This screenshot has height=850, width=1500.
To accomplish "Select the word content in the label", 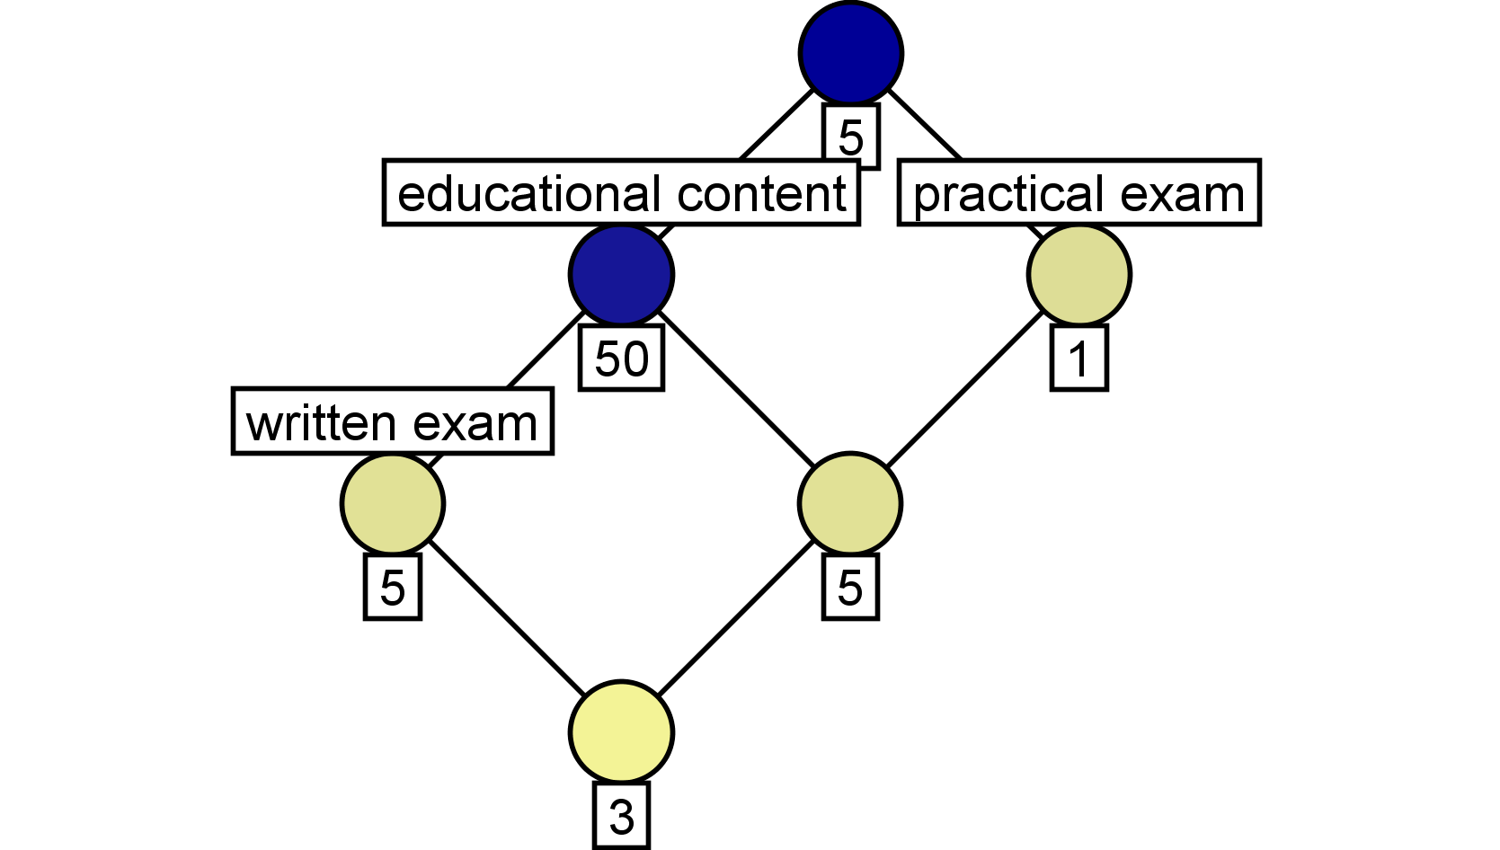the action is pos(762,193).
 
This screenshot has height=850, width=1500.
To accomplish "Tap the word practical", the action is pos(1007,195).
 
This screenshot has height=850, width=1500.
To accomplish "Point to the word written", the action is pos(322,423).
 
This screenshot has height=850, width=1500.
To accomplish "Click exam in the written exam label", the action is pos(475,424).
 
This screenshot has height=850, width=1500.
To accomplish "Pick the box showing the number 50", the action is pos(621,359).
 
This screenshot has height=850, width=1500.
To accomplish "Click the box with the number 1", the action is pos(1079,359).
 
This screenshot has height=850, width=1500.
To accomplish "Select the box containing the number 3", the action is pos(621,816).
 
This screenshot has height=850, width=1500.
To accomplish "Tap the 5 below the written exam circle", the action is pos(393,587).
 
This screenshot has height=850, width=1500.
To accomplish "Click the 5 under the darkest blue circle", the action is pos(850,137).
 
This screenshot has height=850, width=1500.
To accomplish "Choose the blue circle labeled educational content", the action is pos(621,274).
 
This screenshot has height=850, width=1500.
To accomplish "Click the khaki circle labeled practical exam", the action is pos(1079,274).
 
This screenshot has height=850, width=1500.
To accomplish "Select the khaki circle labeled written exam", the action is pos(393,503).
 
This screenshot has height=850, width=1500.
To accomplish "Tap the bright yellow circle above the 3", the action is pos(621,732).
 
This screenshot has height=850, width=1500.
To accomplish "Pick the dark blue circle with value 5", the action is pos(850,54).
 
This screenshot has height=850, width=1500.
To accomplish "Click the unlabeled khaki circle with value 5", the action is pos(850,503).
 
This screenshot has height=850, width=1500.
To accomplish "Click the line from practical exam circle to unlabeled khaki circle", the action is pos(965,389).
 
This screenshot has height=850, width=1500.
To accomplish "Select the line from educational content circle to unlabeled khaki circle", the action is pos(736,389).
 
